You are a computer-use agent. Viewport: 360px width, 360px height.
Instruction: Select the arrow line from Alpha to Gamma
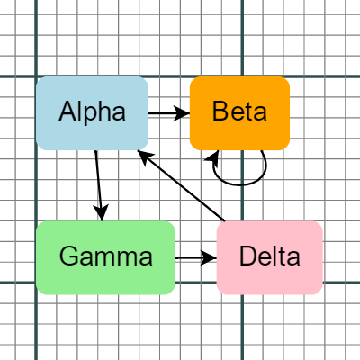click(99, 180)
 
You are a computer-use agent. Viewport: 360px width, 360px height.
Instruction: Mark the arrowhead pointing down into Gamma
click(102, 214)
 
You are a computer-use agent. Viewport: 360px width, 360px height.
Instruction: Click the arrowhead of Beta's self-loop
click(216, 157)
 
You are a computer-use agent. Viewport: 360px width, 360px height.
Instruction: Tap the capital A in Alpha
click(67, 112)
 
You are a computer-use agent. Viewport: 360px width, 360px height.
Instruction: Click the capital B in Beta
click(220, 112)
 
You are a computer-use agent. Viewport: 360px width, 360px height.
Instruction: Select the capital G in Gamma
click(69, 256)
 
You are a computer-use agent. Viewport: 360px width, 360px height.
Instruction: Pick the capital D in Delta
click(248, 256)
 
